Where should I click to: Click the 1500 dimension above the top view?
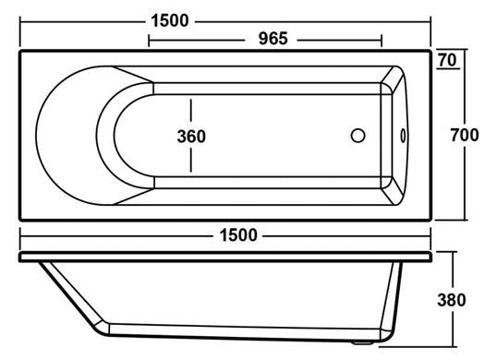tap(169, 20)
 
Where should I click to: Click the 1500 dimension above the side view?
tap(238, 234)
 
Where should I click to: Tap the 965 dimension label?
tap(273, 39)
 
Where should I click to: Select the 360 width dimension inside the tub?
tap(191, 137)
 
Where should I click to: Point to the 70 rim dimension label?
tap(447, 60)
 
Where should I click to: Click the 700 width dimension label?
tap(465, 135)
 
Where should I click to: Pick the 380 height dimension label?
tap(452, 300)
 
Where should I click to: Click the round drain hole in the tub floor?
tap(358, 136)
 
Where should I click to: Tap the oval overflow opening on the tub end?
tap(403, 136)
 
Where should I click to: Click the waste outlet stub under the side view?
tap(363, 342)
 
